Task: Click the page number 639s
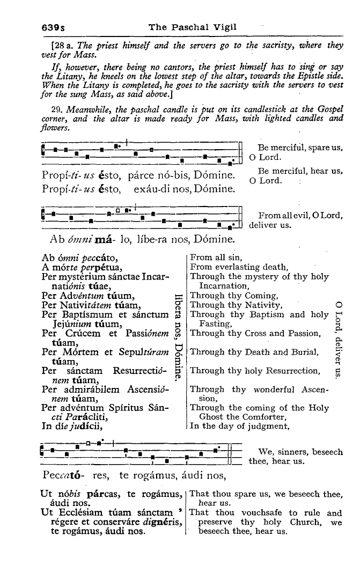[x=53, y=27]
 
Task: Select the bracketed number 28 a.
[x=63, y=46]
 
